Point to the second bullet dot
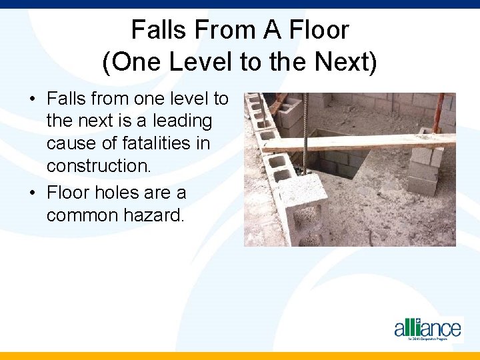click(x=32, y=194)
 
